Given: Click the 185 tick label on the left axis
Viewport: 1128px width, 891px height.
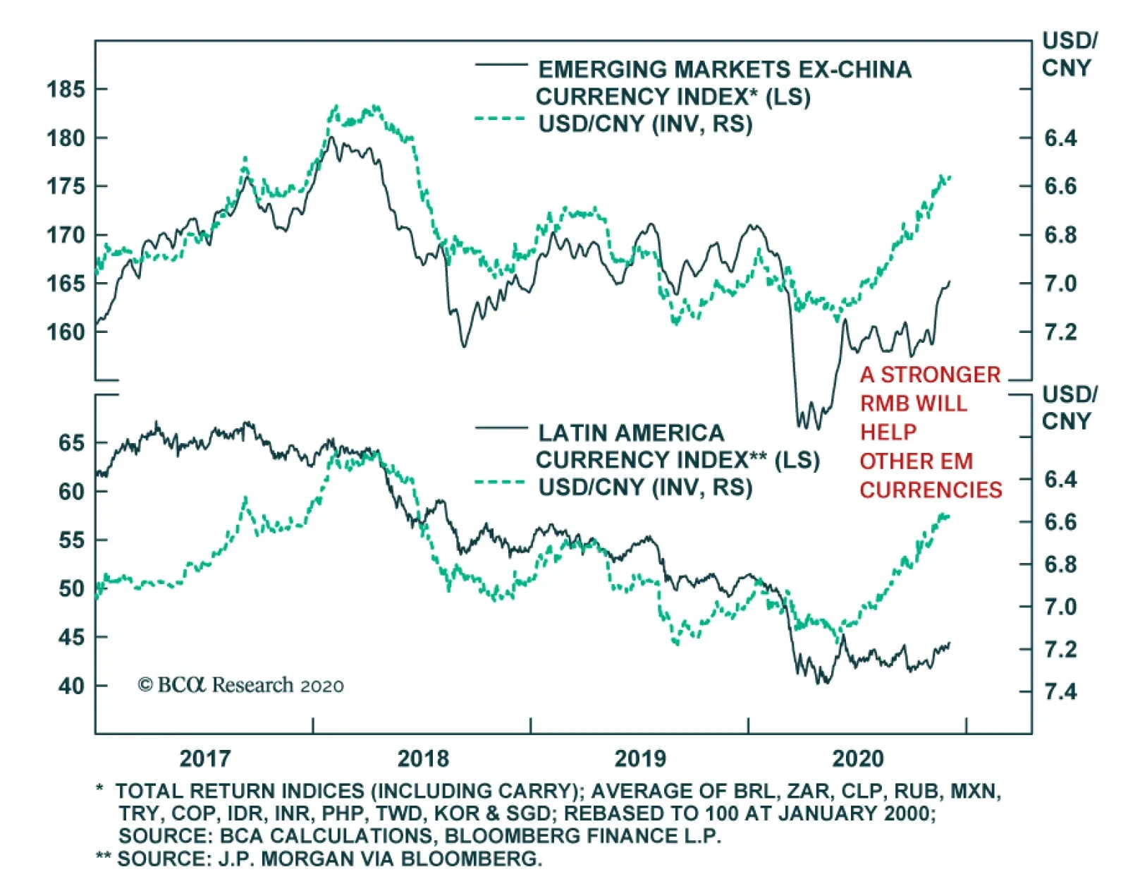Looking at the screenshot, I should coord(66,90).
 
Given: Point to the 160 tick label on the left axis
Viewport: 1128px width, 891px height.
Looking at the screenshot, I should coord(66,332).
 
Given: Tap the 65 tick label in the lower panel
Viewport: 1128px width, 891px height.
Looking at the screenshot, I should coord(71,443).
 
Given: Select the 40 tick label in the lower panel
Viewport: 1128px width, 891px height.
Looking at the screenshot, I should coord(71,686).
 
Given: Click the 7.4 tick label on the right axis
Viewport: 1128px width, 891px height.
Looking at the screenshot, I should coord(1060,691).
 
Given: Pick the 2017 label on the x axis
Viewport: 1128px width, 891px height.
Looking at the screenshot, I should coord(204,758).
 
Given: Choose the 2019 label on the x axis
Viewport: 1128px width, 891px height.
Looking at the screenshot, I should coord(640,758).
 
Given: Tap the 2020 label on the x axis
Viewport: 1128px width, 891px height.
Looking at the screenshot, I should coord(857,758).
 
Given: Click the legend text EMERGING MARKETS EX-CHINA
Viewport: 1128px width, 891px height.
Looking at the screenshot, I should coord(725,70).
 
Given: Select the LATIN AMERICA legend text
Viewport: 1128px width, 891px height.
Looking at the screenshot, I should coord(631,432).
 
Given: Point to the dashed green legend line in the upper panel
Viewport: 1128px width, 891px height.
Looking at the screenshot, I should coord(501,119).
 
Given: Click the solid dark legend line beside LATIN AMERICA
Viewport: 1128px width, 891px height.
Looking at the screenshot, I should coord(501,428).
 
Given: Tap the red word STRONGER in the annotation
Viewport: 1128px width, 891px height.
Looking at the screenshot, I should coord(940,375).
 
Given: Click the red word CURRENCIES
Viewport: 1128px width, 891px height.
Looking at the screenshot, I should coord(931,490).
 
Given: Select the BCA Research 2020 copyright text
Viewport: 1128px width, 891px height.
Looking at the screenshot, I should coord(240,685).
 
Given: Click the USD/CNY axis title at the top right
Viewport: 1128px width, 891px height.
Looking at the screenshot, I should coord(1069,54).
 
